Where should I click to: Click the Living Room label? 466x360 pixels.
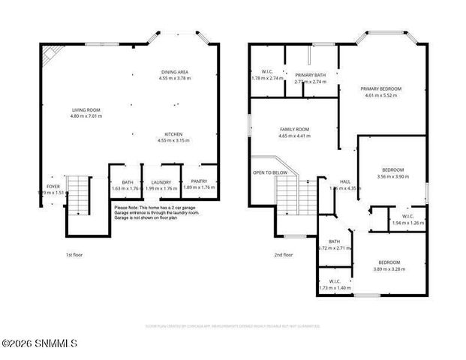(x=85, y=110)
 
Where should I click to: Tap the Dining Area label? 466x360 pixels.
(x=174, y=72)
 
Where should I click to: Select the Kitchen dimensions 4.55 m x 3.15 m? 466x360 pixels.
(x=174, y=140)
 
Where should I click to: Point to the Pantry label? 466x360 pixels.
(x=199, y=181)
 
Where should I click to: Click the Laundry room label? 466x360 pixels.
(x=161, y=182)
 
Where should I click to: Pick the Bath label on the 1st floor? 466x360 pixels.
(x=126, y=182)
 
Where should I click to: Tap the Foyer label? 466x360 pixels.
(x=53, y=186)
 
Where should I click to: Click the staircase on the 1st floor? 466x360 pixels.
(x=78, y=193)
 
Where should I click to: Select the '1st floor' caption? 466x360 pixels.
(x=74, y=255)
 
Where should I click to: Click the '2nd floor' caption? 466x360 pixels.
(x=283, y=255)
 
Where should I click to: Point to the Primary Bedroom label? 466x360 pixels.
(x=383, y=88)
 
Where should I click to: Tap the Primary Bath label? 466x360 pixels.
(x=310, y=75)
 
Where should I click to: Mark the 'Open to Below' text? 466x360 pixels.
(x=269, y=172)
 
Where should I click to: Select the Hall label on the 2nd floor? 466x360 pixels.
(x=345, y=181)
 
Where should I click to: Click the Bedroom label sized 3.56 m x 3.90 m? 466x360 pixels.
(x=392, y=169)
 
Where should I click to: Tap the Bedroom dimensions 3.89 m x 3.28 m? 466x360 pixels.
(x=389, y=269)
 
